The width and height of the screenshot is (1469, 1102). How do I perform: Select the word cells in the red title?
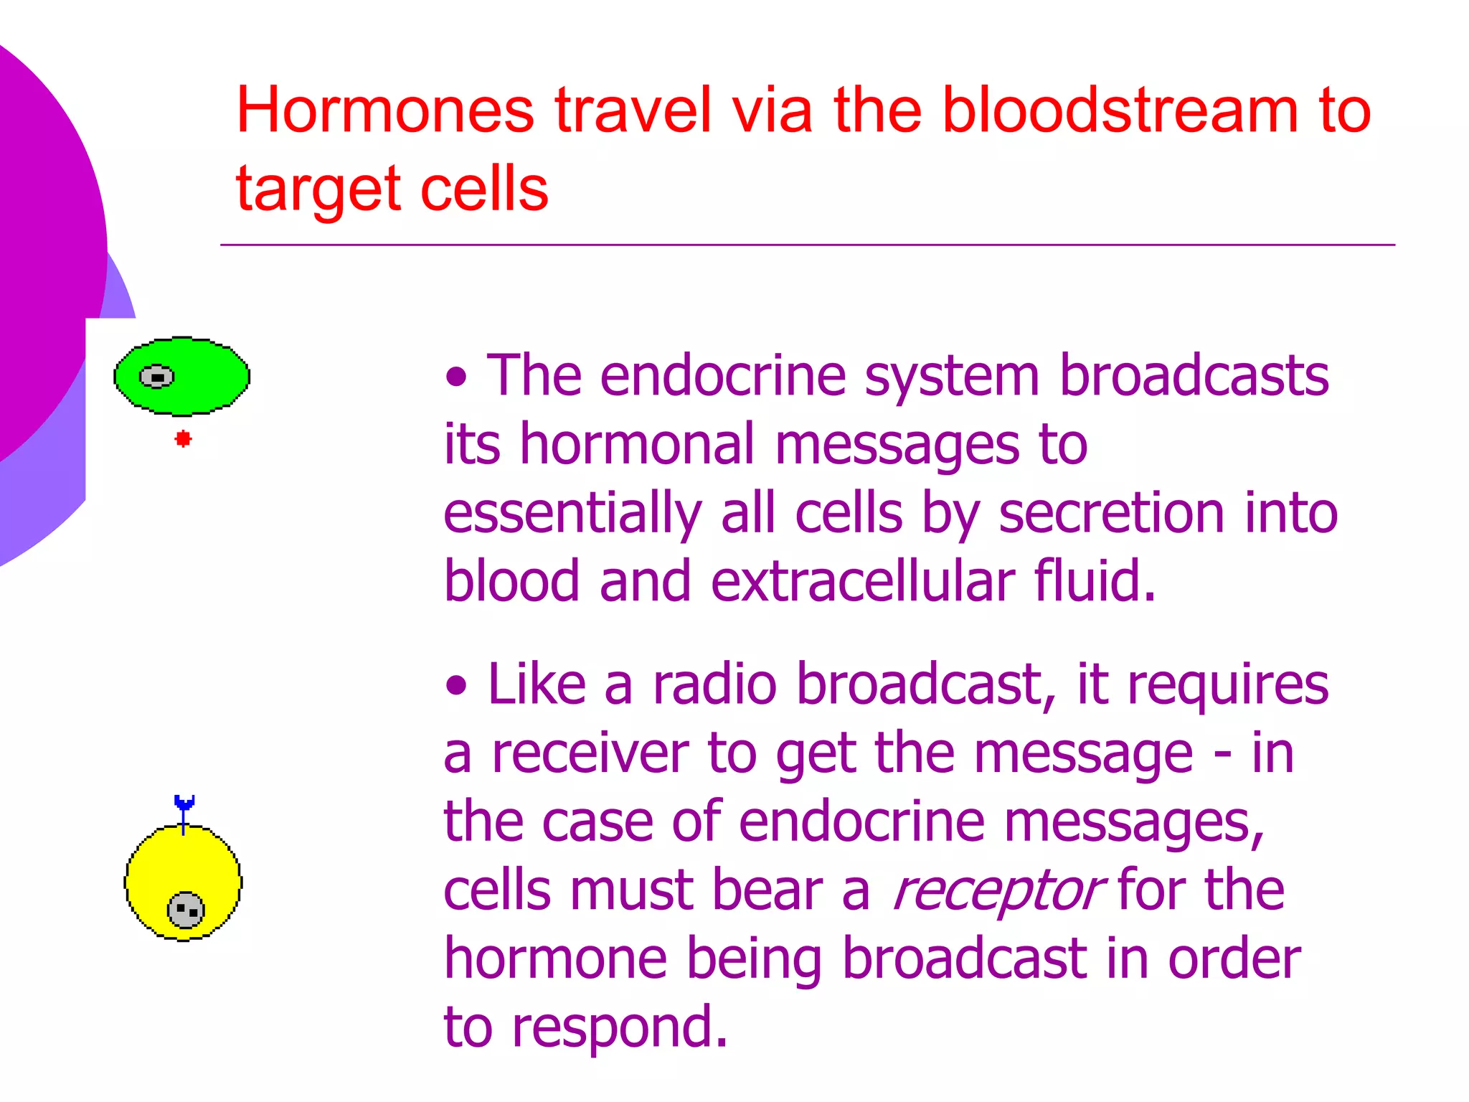click(484, 188)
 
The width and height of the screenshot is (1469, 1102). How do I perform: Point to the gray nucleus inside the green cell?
click(156, 377)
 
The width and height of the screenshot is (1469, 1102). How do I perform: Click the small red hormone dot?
click(183, 438)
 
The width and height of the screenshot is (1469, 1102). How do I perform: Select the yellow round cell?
click(183, 882)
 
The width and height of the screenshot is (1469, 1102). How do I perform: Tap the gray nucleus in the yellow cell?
click(186, 910)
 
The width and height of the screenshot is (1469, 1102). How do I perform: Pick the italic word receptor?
click(996, 891)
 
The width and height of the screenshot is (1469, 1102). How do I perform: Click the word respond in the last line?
click(619, 1027)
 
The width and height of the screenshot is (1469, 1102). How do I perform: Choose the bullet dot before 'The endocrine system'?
click(456, 376)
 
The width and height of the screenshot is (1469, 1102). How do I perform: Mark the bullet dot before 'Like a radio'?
click(456, 684)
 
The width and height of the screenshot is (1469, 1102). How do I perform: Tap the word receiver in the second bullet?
click(590, 753)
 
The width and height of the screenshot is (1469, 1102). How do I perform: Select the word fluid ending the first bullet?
click(1095, 580)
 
